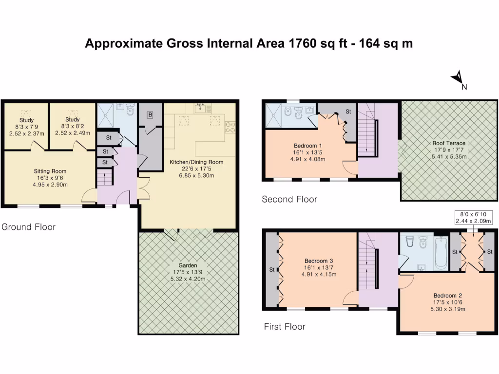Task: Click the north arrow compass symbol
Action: (x=458, y=78)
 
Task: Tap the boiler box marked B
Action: (x=150, y=115)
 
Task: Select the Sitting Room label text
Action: (x=50, y=171)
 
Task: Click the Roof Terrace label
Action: (x=449, y=143)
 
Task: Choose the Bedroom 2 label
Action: (x=447, y=296)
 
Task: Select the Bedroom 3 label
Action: (x=318, y=261)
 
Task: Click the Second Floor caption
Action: (x=289, y=199)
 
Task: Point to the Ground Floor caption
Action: (x=28, y=227)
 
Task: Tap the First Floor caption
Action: (x=285, y=326)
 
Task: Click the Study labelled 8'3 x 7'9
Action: (x=26, y=120)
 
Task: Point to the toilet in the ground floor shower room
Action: (x=130, y=111)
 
